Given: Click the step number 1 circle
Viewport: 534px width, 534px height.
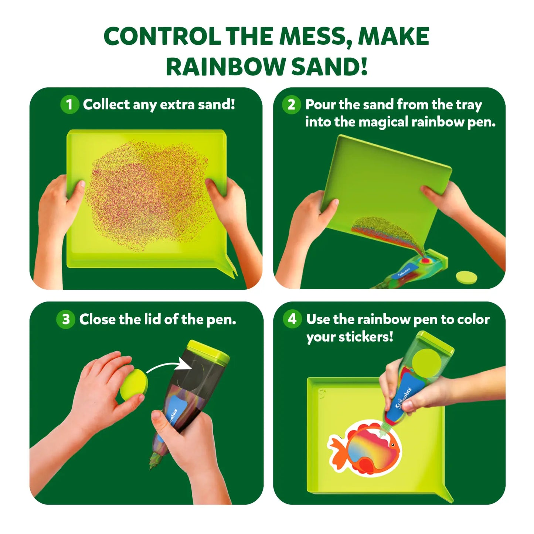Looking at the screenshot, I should [69, 105].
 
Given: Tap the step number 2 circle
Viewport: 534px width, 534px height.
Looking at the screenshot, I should [291, 105].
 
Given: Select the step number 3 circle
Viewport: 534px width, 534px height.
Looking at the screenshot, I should [66, 319].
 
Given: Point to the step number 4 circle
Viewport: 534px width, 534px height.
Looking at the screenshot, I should [292, 319].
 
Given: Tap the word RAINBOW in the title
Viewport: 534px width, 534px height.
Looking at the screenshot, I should [225, 67].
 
